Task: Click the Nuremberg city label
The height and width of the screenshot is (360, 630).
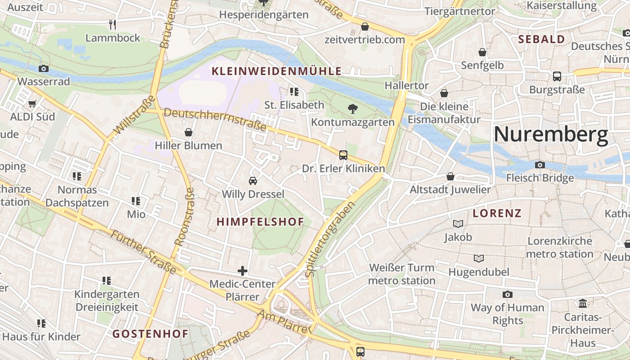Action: point(551,134)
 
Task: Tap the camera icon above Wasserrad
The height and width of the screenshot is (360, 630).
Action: point(44,68)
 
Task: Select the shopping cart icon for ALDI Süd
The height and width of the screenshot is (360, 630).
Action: point(32,103)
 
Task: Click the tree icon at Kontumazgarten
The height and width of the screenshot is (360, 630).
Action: point(353,108)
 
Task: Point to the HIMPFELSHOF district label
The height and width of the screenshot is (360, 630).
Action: point(260,221)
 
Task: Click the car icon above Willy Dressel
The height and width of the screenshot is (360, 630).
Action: point(253,181)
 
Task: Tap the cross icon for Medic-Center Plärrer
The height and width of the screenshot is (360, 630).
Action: point(243,270)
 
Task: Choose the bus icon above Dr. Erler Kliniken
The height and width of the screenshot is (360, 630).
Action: point(343,155)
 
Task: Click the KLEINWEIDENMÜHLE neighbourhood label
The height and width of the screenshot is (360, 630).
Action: point(276,71)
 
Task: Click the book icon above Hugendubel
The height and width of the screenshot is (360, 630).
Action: point(479,258)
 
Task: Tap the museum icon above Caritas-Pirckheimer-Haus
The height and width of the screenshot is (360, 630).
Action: point(583,303)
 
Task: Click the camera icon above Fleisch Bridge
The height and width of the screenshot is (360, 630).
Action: point(540,165)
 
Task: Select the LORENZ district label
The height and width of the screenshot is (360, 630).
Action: point(497,213)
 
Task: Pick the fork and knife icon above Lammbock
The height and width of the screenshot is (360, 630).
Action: point(113,24)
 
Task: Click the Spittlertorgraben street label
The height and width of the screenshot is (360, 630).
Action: point(330,239)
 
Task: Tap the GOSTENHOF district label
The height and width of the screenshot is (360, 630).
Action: point(150,334)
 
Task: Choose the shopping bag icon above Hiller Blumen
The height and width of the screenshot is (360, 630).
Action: point(189,132)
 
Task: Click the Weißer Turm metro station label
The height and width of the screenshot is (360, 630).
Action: point(402,274)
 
